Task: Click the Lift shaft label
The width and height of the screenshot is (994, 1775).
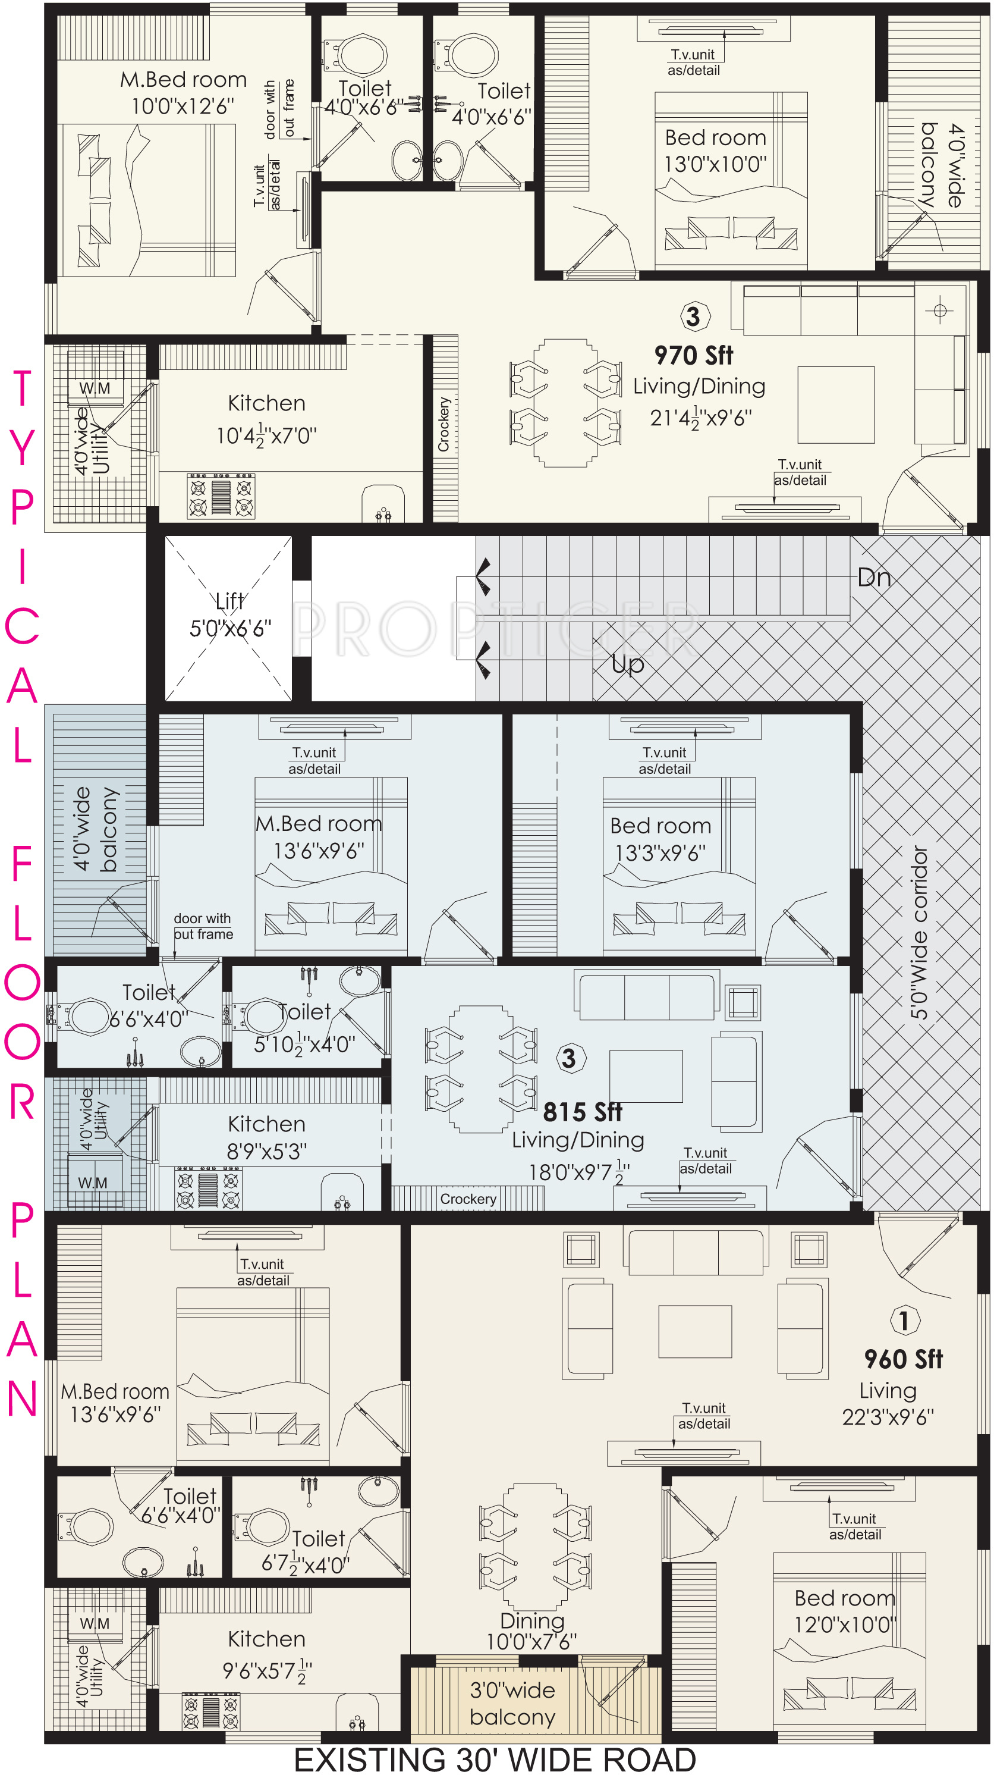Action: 230,614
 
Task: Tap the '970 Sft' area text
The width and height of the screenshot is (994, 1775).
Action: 693,356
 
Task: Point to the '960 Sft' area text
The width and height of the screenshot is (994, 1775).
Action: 903,1359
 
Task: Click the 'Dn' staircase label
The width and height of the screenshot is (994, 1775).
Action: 874,578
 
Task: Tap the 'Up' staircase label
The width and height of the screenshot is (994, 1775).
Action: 628,664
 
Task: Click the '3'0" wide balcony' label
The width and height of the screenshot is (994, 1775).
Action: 512,1704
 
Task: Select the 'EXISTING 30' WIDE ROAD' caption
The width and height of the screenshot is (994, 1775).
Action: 495,1759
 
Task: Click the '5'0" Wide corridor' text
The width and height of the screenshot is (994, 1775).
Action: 919,932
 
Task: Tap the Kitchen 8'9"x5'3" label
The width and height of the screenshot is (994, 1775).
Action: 266,1137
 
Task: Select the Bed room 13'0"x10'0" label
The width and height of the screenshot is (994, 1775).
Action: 715,151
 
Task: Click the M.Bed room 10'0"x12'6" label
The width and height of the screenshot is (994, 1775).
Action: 183,93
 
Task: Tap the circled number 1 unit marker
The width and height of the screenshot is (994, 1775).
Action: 904,1320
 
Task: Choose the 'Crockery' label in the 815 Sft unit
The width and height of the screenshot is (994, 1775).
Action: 468,1199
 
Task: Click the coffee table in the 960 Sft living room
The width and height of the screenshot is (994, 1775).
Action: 694,1331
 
